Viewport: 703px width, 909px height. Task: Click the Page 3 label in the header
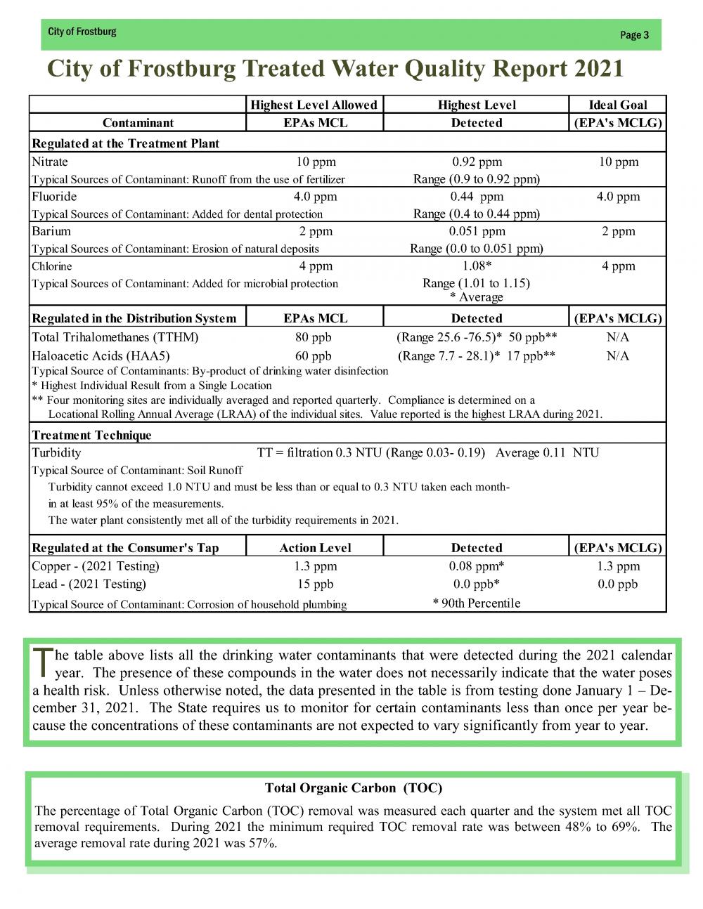tap(634, 35)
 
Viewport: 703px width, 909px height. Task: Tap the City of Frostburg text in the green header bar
tap(82, 32)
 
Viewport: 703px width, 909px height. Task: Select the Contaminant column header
tap(138, 123)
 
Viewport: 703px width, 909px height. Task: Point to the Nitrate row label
tap(50, 162)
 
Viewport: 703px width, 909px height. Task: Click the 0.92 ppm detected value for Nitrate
tap(477, 162)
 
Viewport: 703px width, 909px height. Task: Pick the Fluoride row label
tap(54, 197)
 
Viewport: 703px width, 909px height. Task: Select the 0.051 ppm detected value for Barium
tap(477, 231)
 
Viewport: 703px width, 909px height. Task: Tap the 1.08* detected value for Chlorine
tap(477, 266)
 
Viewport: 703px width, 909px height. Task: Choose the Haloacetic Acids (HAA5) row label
tap(101, 355)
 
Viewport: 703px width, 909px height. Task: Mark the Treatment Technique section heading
tap(91, 436)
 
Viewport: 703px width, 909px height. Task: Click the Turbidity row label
tap(56, 452)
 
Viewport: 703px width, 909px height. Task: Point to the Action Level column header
tap(315, 548)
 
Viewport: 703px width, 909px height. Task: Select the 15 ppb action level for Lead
tap(315, 584)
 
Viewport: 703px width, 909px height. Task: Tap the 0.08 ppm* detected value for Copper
tap(477, 566)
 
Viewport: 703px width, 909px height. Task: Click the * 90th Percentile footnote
tap(477, 603)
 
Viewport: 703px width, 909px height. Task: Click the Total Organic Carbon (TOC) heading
tap(353, 787)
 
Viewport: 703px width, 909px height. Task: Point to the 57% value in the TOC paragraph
tap(263, 843)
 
